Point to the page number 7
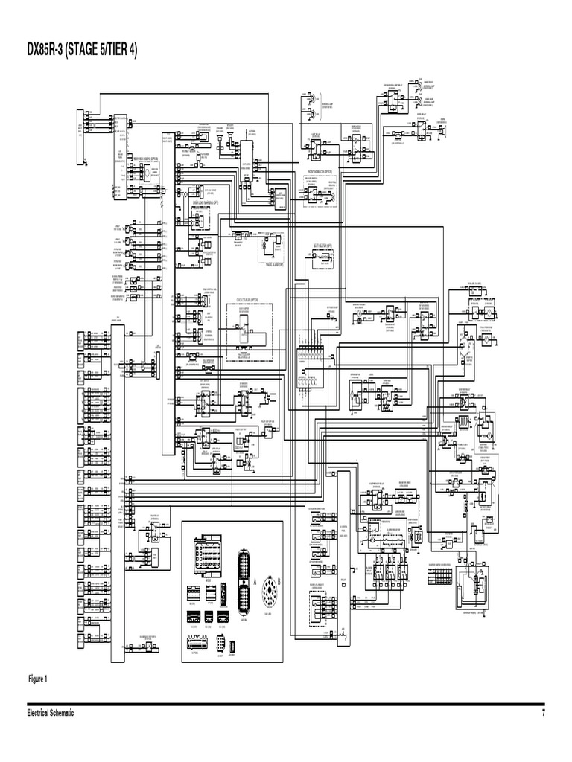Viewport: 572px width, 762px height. [543, 713]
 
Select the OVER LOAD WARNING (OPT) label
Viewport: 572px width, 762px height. [196, 201]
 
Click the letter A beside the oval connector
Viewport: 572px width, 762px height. [254, 580]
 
